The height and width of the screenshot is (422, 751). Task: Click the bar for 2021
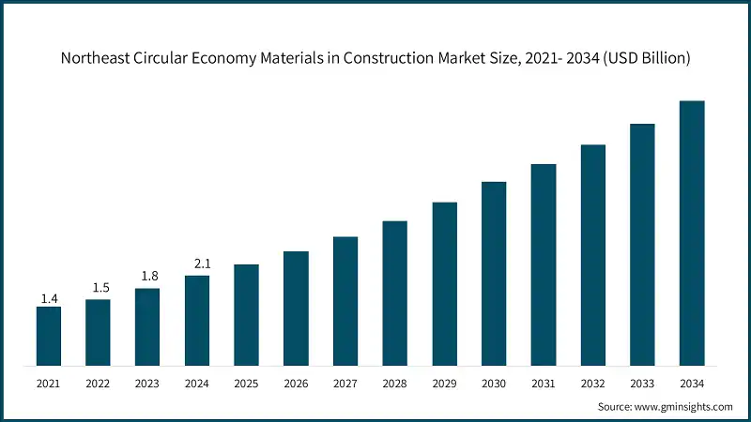49,336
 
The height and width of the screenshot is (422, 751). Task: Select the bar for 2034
692,233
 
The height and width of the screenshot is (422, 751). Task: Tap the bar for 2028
395,293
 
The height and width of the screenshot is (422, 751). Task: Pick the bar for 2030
494,273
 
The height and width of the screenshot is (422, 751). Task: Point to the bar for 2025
247,314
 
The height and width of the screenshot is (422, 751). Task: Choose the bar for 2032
593,254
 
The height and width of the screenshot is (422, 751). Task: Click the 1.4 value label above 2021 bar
49,298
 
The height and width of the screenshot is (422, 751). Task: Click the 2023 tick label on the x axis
147,384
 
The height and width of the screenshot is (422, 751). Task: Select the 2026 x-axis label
296,384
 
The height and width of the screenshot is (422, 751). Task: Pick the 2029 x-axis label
444,384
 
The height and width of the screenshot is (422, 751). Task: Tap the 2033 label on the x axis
642,384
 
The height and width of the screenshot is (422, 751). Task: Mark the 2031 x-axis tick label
544,384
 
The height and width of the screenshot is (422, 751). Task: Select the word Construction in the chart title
394,58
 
